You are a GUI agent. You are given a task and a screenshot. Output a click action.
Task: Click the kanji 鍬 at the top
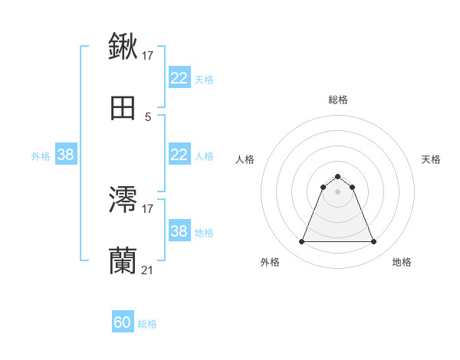[x=123, y=47]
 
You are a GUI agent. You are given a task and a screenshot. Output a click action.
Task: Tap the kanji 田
[x=123, y=109]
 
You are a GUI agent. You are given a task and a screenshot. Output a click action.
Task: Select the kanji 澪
[x=123, y=200]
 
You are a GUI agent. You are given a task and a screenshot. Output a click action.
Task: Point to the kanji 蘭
[x=123, y=261]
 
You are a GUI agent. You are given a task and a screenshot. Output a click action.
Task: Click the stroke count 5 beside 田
[x=148, y=116]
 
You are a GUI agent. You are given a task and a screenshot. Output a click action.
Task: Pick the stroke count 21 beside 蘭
[x=148, y=270]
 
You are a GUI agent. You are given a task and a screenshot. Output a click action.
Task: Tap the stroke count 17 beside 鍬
[x=149, y=55]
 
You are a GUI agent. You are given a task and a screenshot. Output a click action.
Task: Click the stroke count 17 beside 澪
[x=149, y=208]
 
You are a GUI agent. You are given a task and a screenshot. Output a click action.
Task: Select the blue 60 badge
[x=123, y=322]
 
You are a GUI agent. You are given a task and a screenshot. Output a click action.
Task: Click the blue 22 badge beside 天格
[x=179, y=78]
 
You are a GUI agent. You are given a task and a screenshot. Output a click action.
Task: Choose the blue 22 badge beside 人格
[x=179, y=155]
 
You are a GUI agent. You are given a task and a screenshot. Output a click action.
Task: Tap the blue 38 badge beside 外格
[x=65, y=155]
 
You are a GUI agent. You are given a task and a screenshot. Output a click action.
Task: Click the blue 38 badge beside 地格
[x=179, y=231]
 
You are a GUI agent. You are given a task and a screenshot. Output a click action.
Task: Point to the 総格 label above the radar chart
[x=338, y=100]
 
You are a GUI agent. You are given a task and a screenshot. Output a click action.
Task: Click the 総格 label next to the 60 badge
[x=147, y=324]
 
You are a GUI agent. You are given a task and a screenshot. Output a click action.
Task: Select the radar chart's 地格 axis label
[x=402, y=262]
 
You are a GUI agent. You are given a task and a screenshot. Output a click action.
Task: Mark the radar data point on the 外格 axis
[x=301, y=242]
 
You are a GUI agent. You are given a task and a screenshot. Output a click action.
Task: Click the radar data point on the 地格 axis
[x=374, y=242]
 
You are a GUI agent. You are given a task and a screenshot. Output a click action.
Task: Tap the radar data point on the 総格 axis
[x=337, y=176]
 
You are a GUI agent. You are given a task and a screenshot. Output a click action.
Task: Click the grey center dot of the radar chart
[x=337, y=191]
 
